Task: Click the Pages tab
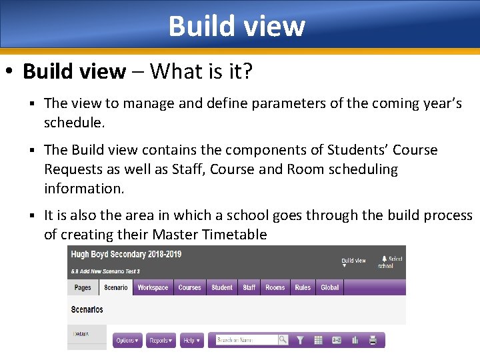click(83, 288)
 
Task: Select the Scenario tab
click(116, 288)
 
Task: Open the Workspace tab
click(153, 288)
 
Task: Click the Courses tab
click(189, 288)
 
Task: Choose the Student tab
click(222, 288)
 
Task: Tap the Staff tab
click(249, 288)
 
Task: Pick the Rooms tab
click(275, 288)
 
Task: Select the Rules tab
click(303, 288)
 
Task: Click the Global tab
click(330, 288)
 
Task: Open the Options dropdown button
click(127, 341)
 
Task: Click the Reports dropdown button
click(161, 341)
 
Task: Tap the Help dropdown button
click(191, 341)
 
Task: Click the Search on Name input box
click(243, 340)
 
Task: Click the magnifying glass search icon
click(283, 340)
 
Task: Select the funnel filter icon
click(301, 340)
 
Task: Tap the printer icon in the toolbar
click(373, 340)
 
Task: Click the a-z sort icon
click(337, 340)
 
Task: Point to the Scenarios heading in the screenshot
click(87, 310)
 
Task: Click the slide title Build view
click(237, 26)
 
